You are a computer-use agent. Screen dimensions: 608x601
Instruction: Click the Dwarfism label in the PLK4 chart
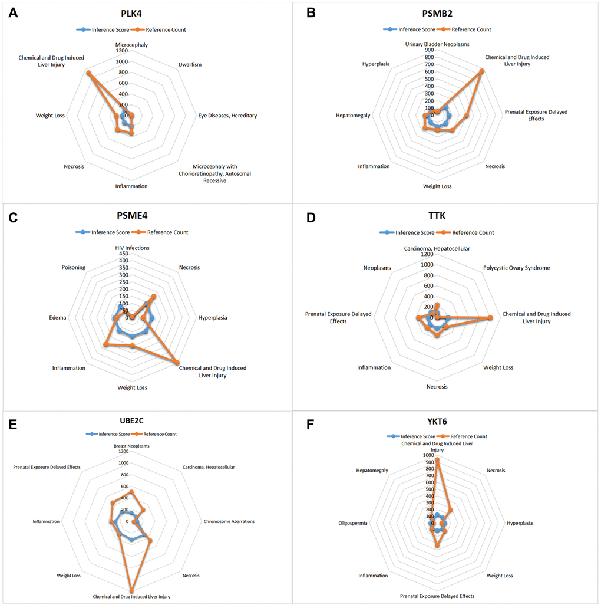click(x=190, y=65)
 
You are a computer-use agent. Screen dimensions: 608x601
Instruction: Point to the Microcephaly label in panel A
click(x=131, y=44)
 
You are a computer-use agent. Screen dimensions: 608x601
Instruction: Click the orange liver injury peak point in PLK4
click(x=88, y=73)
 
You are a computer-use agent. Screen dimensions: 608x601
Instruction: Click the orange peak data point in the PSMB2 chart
click(x=482, y=71)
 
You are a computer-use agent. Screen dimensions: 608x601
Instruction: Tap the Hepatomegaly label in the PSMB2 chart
click(x=353, y=116)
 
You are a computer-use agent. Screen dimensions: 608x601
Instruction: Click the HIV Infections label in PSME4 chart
click(x=132, y=248)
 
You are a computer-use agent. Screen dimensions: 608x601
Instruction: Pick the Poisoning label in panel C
click(x=74, y=267)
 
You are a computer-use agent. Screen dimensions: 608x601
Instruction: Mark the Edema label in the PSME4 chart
click(x=58, y=318)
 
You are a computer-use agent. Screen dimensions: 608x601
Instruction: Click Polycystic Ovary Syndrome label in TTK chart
click(x=517, y=268)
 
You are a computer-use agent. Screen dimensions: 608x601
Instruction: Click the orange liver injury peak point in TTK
click(x=491, y=318)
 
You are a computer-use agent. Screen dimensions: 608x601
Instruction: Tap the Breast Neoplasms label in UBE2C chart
click(x=131, y=446)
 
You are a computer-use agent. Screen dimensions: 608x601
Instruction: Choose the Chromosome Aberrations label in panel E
click(x=229, y=521)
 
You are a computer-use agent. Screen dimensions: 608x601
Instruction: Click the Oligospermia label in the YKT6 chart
click(x=354, y=523)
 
